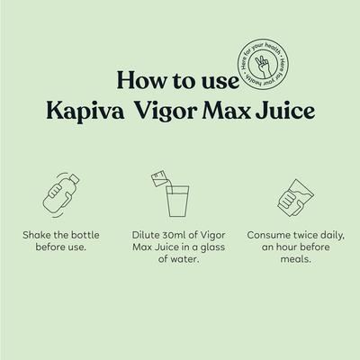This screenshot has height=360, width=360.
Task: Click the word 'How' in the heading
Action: (x=138, y=83)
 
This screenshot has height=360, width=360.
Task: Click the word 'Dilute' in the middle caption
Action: (x=147, y=234)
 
